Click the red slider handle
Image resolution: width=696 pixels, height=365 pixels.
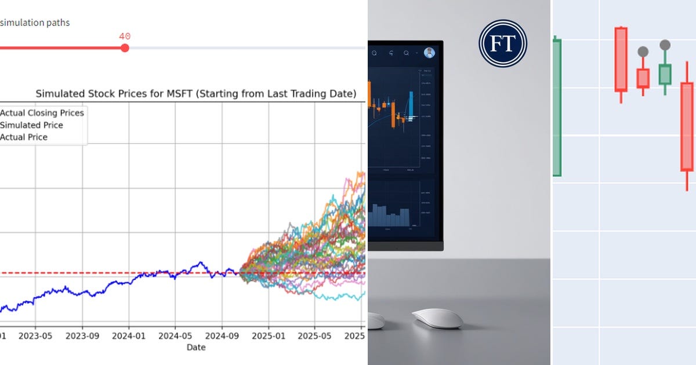[x=125, y=48]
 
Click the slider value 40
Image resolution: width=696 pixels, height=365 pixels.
[x=125, y=36]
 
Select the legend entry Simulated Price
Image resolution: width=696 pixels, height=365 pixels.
[x=31, y=125]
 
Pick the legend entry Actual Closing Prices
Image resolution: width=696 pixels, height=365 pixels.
[x=42, y=113]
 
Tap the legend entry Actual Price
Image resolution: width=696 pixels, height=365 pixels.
[x=24, y=137]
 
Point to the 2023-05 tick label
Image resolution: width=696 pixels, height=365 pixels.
[x=36, y=335]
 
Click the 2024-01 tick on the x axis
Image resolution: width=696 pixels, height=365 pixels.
[x=129, y=335]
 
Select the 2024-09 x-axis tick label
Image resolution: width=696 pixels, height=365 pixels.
[x=222, y=335]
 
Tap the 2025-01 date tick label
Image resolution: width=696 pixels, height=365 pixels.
[x=268, y=335]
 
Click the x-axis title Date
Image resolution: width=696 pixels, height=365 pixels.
[x=195, y=347]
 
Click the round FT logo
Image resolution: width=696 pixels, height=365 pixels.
[x=502, y=43]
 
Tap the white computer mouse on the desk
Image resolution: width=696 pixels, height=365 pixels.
[x=437, y=318]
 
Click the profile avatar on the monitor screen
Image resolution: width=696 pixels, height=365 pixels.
[x=429, y=53]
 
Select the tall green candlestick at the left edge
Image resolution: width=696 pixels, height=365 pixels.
[x=557, y=107]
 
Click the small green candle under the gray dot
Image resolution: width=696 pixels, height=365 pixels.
[x=665, y=74]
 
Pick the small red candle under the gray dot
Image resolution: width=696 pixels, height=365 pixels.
[x=643, y=78]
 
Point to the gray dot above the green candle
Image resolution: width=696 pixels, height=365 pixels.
[x=665, y=45]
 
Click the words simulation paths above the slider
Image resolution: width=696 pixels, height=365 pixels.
[x=35, y=23]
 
